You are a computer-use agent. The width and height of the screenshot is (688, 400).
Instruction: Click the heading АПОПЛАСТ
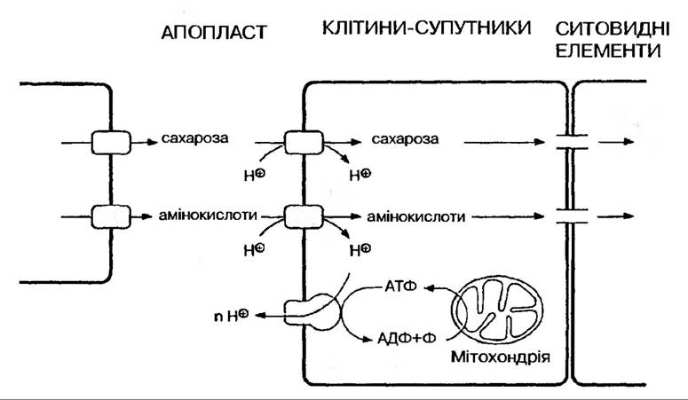tap(214, 33)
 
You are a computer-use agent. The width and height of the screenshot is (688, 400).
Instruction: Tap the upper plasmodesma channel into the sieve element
tap(565, 140)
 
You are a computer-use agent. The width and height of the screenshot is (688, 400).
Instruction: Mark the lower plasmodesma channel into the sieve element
tap(565, 215)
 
